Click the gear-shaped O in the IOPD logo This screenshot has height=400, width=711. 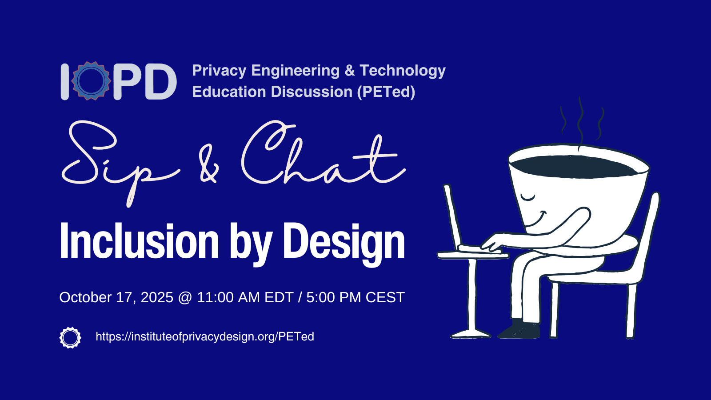coord(91,81)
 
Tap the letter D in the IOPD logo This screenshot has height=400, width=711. coord(160,82)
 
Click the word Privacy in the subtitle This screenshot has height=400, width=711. coord(219,71)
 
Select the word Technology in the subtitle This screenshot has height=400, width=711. coord(403,71)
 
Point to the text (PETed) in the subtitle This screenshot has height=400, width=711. coord(386,92)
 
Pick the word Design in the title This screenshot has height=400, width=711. coord(344,244)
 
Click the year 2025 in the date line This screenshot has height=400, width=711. coord(157,297)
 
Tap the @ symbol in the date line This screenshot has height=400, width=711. coord(185,298)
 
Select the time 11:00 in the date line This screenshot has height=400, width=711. coord(215,297)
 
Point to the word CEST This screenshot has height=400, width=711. coord(385,297)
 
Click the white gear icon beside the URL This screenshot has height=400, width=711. coord(70,337)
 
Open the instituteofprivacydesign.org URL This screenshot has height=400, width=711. coord(205,336)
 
